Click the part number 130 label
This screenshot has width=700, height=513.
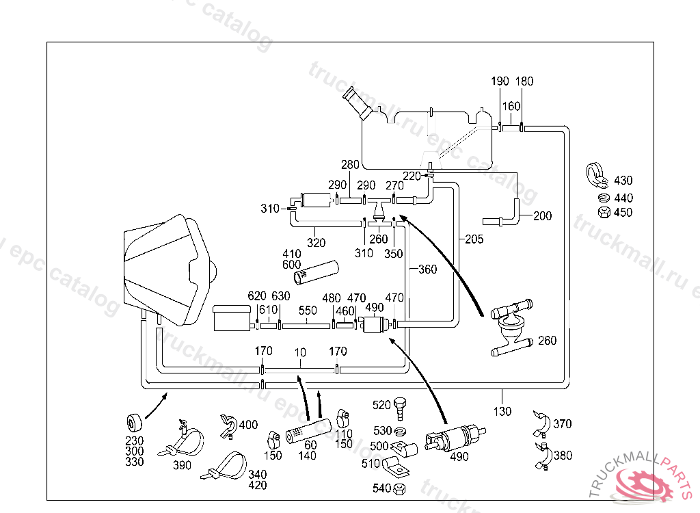pyautogui.click(x=502, y=412)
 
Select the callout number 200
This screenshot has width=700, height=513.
pyautogui.click(x=542, y=216)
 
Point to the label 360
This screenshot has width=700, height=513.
pyautogui.click(x=427, y=269)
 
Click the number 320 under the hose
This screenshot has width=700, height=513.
pyautogui.click(x=316, y=242)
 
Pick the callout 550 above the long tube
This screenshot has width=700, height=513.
pyautogui.click(x=308, y=310)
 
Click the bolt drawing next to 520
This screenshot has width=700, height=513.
pyautogui.click(x=401, y=408)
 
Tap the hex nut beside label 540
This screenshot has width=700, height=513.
pyautogui.click(x=401, y=488)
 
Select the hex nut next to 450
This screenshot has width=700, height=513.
pyautogui.click(x=603, y=212)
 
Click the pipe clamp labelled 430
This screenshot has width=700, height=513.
pyautogui.click(x=597, y=176)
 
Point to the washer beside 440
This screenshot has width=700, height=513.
pyautogui.click(x=602, y=198)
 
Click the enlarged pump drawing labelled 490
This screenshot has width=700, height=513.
pyautogui.click(x=453, y=438)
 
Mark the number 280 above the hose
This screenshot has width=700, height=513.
pyautogui.click(x=350, y=165)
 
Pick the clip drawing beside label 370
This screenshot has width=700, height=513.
pyautogui.click(x=542, y=422)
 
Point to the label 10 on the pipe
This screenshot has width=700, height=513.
pyautogui.click(x=300, y=352)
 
